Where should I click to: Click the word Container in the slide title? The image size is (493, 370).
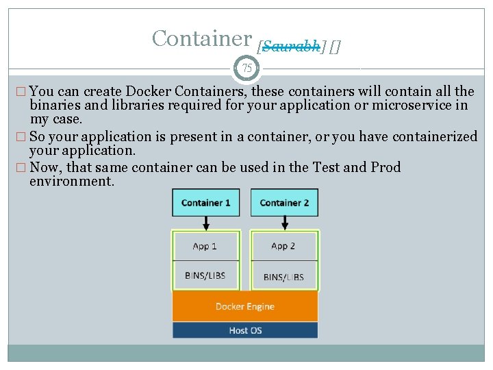pyautogui.click(x=202, y=38)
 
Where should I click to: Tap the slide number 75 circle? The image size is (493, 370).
pyautogui.click(x=246, y=69)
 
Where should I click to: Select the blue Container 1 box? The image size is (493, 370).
pyautogui.click(x=206, y=203)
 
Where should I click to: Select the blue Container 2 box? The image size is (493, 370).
pyautogui.click(x=284, y=203)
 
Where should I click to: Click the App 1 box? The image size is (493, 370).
pyautogui.click(x=205, y=246)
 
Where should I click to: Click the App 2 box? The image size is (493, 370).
pyautogui.click(x=283, y=246)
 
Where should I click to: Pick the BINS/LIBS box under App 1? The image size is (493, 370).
pyautogui.click(x=205, y=275)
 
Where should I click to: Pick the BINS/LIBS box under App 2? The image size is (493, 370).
pyautogui.click(x=283, y=276)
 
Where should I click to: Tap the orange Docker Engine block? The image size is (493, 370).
pyautogui.click(x=245, y=306)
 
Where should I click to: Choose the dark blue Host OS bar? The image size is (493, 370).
pyautogui.click(x=245, y=330)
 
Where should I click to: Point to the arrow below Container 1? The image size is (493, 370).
pyautogui.click(x=206, y=223)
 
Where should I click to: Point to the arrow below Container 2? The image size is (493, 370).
pyautogui.click(x=284, y=223)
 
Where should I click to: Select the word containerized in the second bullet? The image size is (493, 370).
pyautogui.click(x=435, y=136)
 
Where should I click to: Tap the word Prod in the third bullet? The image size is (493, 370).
pyautogui.click(x=385, y=167)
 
